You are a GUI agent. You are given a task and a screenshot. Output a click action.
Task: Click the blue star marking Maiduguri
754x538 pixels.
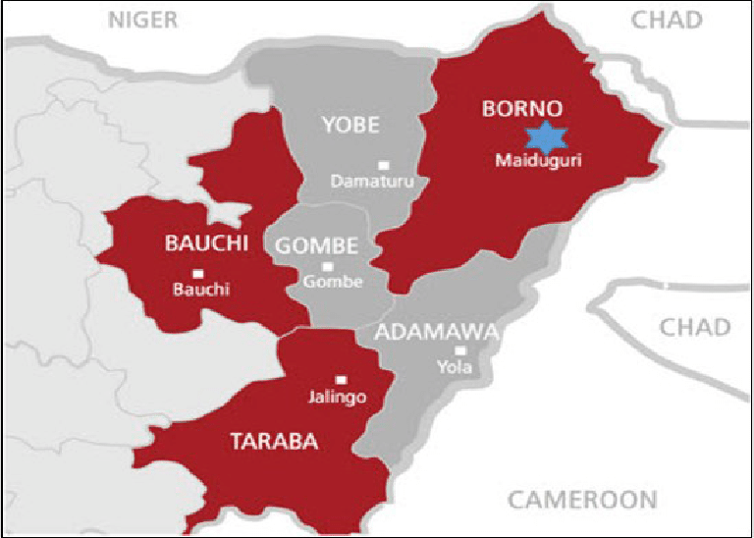[541, 137]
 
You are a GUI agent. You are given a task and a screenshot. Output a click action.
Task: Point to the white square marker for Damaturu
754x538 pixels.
[384, 165]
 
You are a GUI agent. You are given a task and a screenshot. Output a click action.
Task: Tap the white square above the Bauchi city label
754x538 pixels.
[198, 273]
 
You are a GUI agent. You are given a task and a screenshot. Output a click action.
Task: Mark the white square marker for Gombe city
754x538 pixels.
[328, 266]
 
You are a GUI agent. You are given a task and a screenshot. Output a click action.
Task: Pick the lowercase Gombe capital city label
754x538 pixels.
[333, 282]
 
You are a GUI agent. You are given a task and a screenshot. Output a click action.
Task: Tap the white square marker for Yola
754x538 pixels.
[459, 350]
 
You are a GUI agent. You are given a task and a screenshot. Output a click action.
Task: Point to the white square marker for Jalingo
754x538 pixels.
[341, 380]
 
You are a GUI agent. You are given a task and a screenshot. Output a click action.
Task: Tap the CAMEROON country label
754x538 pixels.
[582, 500]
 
